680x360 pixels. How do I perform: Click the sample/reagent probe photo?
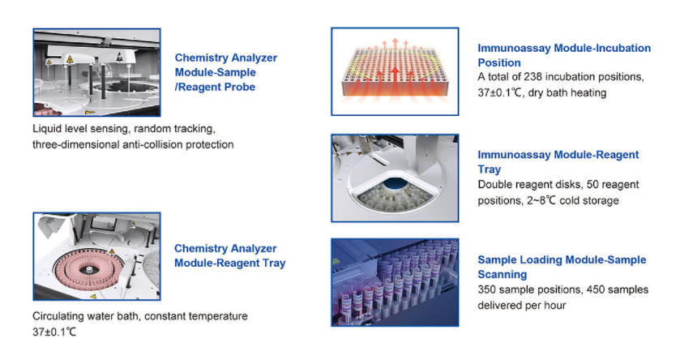point(96,72)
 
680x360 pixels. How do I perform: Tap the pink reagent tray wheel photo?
point(96,255)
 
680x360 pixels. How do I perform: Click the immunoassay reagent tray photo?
point(390,178)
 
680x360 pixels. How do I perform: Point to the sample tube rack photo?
point(390,281)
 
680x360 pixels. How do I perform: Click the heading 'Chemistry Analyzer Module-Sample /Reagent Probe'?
point(226,72)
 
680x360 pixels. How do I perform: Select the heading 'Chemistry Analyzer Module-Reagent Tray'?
point(229,255)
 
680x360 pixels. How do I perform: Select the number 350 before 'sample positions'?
point(487,289)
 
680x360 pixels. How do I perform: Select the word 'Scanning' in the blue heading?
point(503,275)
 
